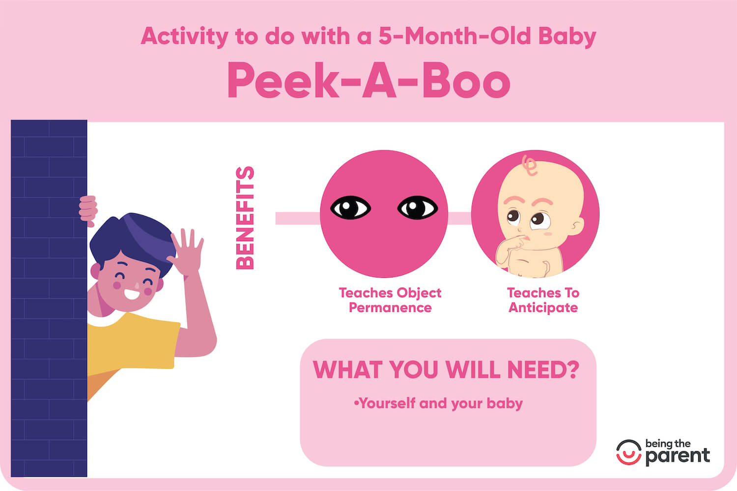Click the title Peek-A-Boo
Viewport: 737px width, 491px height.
pyautogui.click(x=368, y=81)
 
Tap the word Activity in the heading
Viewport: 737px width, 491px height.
pyautogui.click(x=184, y=37)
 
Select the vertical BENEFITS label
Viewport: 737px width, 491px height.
pyautogui.click(x=245, y=218)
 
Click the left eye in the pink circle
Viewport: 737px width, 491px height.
pyautogui.click(x=350, y=208)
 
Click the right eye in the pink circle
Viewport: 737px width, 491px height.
pyautogui.click(x=417, y=208)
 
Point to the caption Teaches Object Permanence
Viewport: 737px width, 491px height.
pyautogui.click(x=390, y=300)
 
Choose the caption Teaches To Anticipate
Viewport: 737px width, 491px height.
pyautogui.click(x=543, y=300)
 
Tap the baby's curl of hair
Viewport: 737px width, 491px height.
pyautogui.click(x=530, y=165)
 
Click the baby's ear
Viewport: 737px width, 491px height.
pyautogui.click(x=576, y=225)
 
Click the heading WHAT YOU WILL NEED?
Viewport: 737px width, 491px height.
pyautogui.click(x=446, y=370)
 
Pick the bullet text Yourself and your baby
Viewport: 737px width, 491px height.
pyautogui.click(x=438, y=404)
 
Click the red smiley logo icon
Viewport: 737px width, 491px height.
pyautogui.click(x=628, y=452)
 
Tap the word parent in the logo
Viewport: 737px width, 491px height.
pyautogui.click(x=678, y=456)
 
